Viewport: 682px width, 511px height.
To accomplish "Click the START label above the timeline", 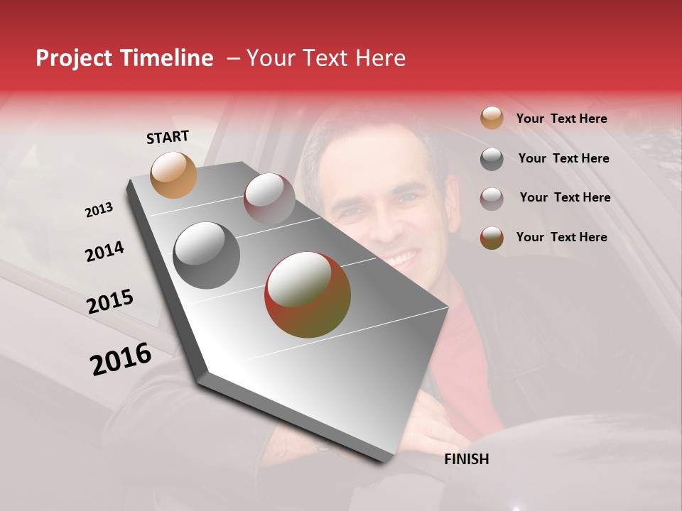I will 168,137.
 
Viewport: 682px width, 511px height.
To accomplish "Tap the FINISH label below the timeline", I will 466,459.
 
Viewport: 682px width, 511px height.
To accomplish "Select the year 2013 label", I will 99,210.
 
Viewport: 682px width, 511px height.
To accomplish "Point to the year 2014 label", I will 104,251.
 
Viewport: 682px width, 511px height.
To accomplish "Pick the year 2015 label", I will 110,302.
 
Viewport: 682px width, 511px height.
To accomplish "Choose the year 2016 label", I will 121,359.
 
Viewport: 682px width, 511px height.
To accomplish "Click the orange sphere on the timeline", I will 174,175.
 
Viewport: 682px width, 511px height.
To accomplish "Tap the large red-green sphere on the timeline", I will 308,295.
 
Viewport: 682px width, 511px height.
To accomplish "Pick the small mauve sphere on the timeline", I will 269,198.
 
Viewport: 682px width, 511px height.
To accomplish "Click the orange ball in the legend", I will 492,119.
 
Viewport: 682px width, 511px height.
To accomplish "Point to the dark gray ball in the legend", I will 492,159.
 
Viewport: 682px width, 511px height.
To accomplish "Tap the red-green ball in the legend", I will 492,238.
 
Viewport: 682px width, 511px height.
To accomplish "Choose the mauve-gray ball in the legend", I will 492,198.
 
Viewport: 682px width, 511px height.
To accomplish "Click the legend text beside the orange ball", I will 561,119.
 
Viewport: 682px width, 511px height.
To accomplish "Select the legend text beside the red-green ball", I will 561,237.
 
